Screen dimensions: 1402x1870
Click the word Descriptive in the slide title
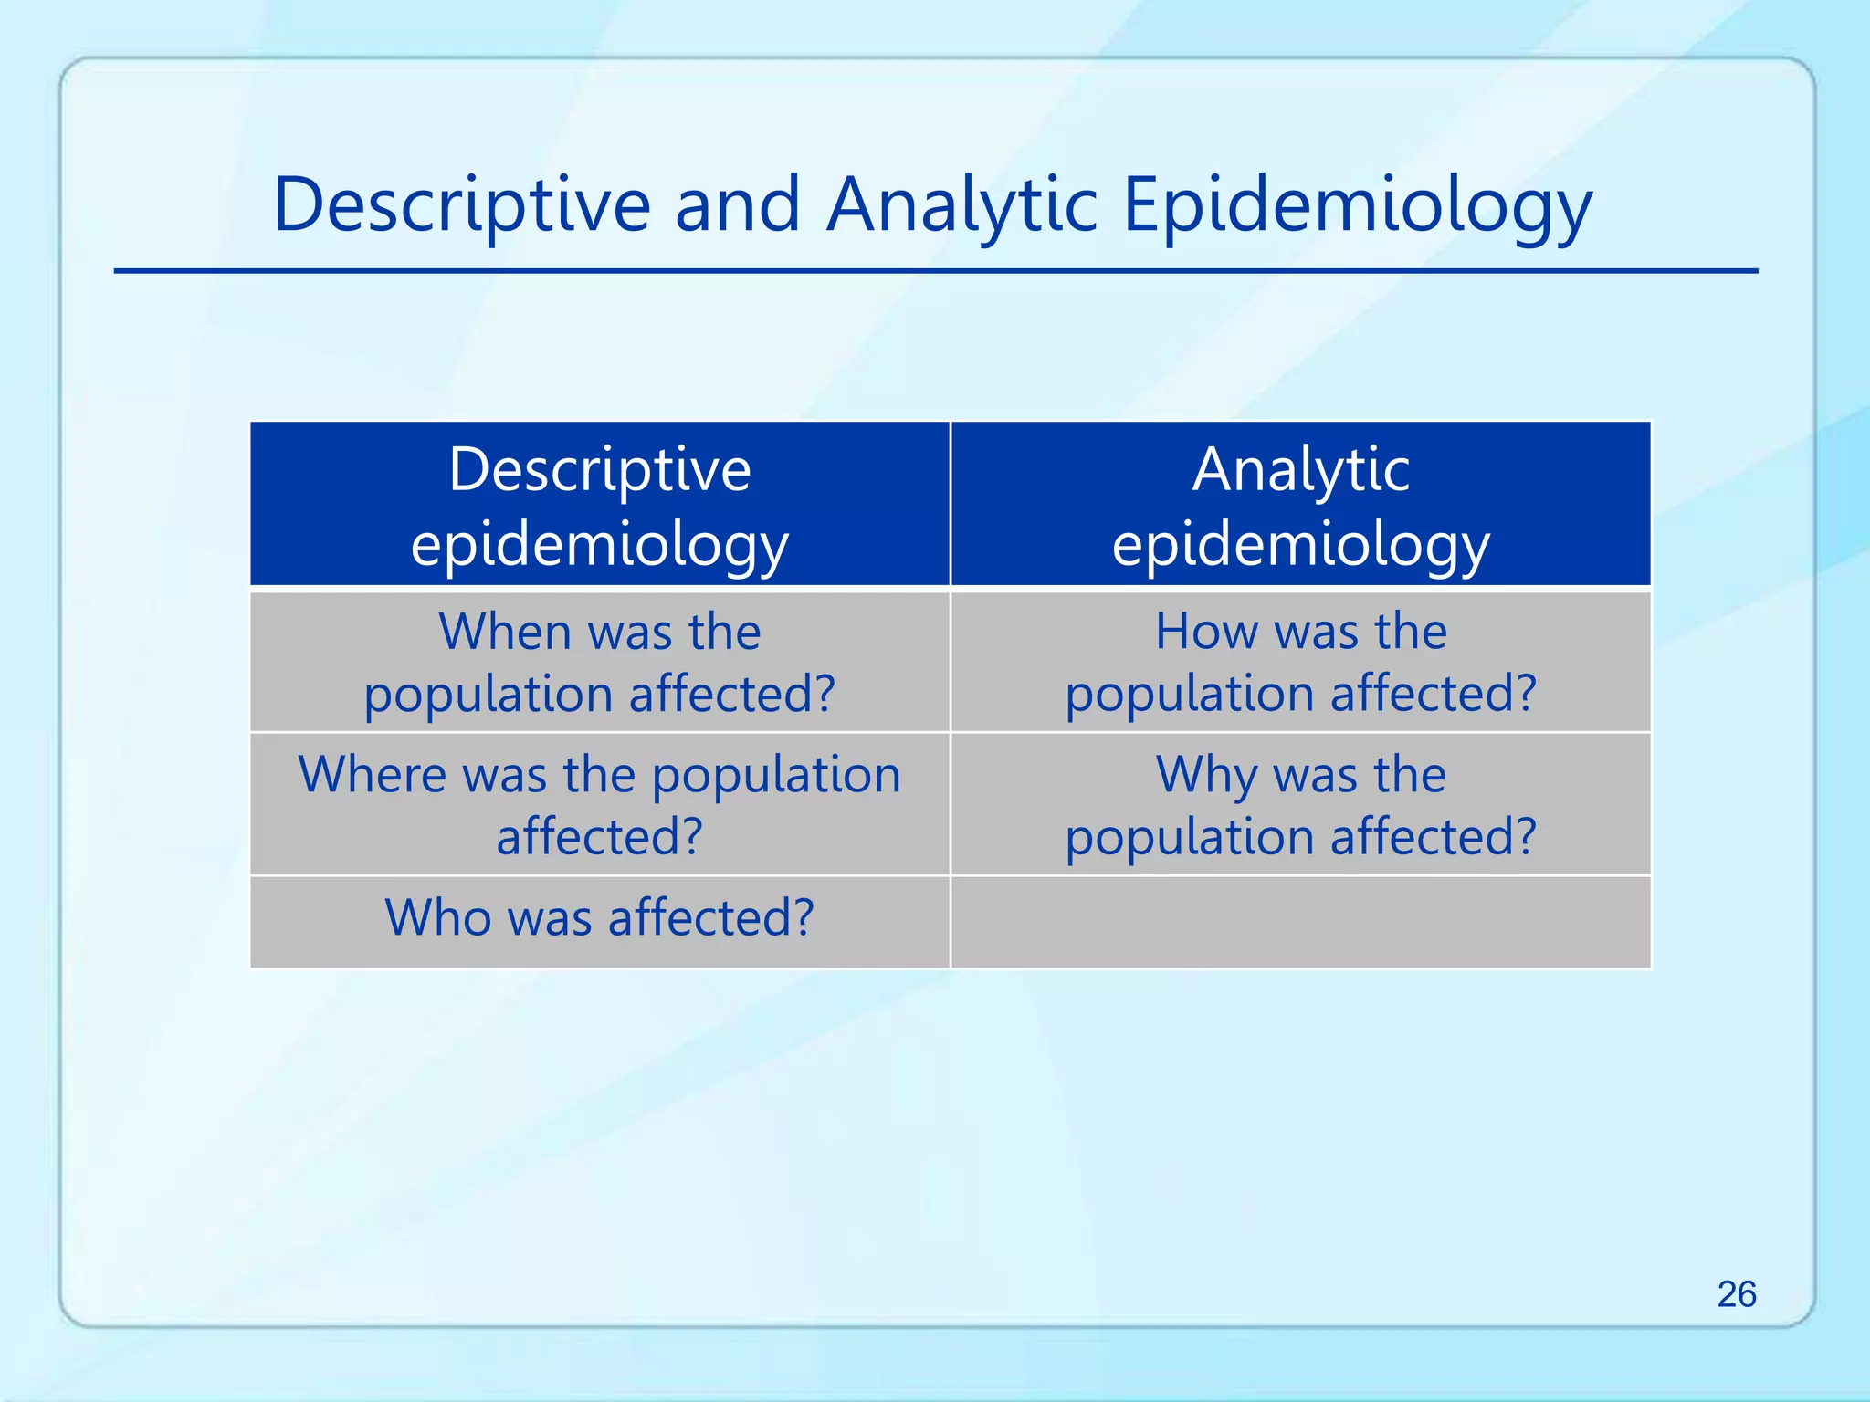click(462, 205)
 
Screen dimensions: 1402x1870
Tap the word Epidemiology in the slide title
click(1357, 205)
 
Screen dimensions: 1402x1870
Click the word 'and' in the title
click(738, 205)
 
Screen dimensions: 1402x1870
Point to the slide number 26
click(1736, 1294)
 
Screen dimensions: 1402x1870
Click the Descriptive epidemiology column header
click(600, 505)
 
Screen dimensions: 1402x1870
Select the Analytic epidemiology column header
click(1301, 505)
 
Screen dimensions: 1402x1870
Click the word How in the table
click(1205, 632)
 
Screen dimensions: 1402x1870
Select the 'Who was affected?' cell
click(600, 922)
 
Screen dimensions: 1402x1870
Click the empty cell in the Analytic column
click(1301, 922)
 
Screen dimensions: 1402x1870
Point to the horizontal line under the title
click(935, 271)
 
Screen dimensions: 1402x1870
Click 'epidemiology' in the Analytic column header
click(1301, 545)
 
